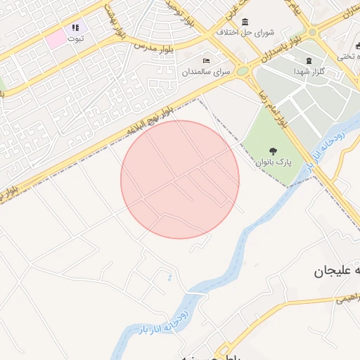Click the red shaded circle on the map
click(x=180, y=179)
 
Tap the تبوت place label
click(x=75, y=39)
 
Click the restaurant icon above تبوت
click(x=75, y=28)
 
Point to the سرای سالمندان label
click(x=206, y=72)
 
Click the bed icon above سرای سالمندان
click(x=206, y=61)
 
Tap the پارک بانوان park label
click(x=273, y=161)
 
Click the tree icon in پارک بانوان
click(x=273, y=150)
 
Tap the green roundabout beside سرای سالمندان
click(x=243, y=71)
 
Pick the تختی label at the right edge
click(x=347, y=56)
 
